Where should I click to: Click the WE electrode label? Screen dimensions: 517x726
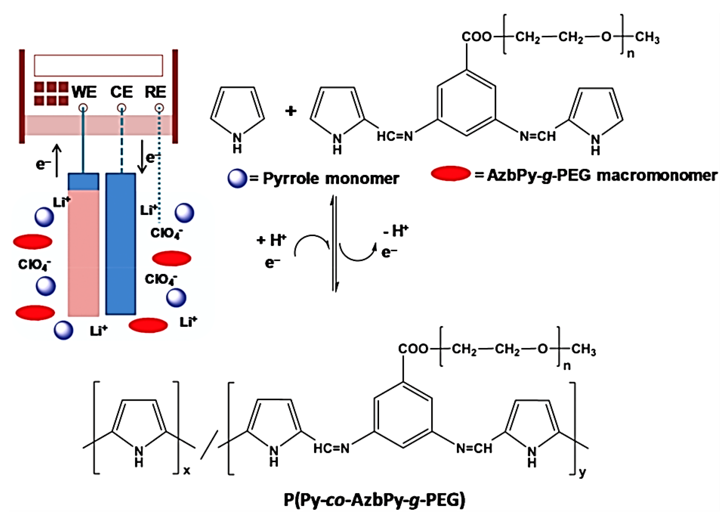point(84,92)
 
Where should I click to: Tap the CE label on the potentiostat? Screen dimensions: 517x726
point(121,92)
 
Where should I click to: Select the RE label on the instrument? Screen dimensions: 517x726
point(155,92)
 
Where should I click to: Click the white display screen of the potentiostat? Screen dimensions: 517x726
point(98,65)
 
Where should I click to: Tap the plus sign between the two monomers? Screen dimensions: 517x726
point(290,111)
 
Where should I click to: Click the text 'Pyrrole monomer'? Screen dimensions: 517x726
point(331,178)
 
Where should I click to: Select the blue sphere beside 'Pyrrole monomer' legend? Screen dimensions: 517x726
point(237,178)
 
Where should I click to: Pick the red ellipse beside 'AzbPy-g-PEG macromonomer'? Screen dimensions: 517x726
point(450,174)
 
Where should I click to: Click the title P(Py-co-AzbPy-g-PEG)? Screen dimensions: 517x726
point(374,499)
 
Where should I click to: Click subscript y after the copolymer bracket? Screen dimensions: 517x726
point(582,473)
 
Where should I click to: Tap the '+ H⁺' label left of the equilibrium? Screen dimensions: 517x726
point(271,240)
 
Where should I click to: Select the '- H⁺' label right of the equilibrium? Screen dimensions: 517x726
point(395,230)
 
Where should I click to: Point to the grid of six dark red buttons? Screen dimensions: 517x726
point(51,94)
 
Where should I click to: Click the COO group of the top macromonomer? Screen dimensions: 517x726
point(476,37)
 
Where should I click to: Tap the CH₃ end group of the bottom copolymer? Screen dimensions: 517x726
point(584,349)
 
